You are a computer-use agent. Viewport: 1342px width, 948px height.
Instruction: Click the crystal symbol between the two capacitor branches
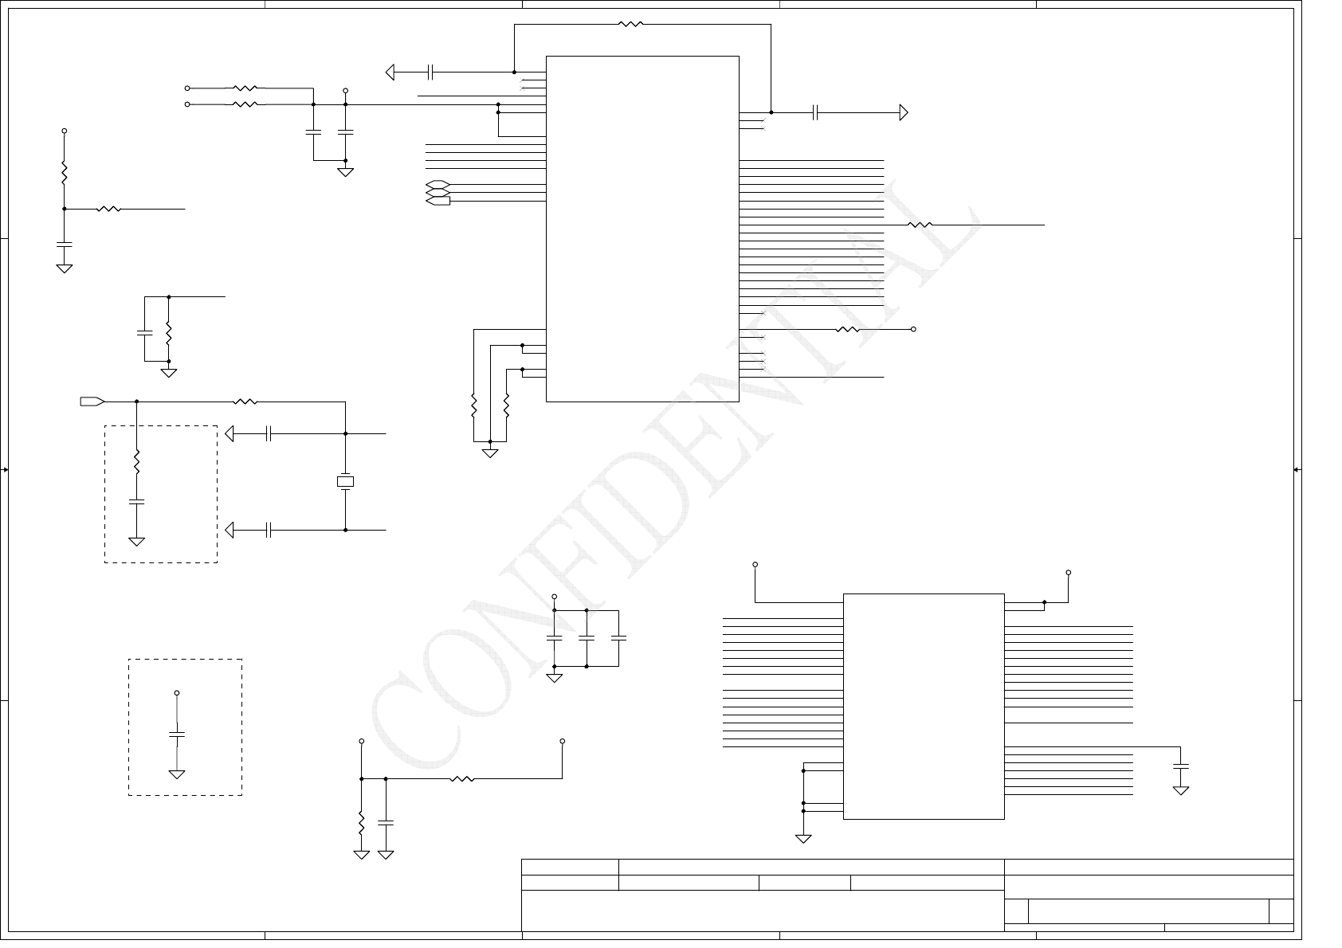[345, 482]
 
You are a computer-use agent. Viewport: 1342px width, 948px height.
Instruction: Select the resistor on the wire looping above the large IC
[630, 25]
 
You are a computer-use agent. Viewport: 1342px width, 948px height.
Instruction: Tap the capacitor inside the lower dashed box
[177, 734]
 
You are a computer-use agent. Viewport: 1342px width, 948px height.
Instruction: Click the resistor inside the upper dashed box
[137, 462]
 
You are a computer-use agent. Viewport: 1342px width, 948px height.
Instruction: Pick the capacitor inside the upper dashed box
[137, 502]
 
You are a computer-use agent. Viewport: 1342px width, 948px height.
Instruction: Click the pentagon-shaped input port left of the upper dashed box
[92, 401]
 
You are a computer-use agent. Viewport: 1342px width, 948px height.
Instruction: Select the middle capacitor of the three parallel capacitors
[587, 639]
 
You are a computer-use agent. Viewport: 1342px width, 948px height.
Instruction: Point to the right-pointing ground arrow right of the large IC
[904, 112]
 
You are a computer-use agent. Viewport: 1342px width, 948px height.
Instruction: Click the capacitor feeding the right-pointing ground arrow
[815, 112]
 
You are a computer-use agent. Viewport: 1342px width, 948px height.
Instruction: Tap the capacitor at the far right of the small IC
[1181, 766]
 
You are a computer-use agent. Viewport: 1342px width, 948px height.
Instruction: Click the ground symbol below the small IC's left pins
[803, 838]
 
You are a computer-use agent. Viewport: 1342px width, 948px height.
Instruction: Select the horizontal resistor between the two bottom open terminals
[462, 778]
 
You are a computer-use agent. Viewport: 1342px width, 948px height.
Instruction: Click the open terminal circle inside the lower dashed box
[177, 693]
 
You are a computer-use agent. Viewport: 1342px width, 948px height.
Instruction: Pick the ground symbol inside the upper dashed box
[137, 542]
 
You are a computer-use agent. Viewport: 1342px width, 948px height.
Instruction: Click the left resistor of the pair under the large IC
[474, 406]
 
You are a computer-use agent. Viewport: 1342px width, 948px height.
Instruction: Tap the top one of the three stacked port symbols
[438, 185]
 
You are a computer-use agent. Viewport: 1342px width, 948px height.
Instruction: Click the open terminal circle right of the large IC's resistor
[913, 329]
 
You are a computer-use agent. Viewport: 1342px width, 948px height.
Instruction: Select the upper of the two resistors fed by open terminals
[245, 88]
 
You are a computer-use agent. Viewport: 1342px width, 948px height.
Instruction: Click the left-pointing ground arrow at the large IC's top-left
[390, 72]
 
